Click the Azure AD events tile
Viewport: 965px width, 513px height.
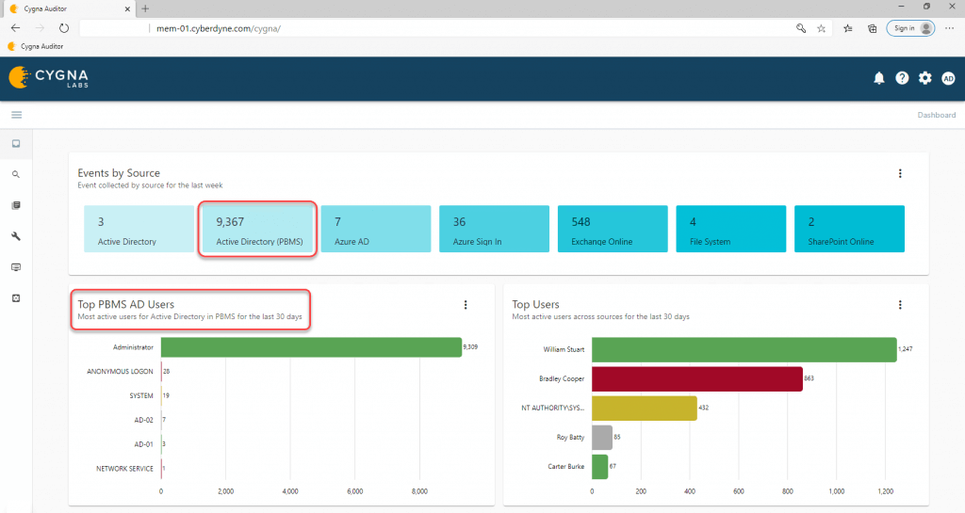coord(375,230)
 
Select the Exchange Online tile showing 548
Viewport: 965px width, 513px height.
coord(612,230)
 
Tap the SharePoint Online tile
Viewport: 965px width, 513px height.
coord(849,230)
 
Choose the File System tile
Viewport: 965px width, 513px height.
coord(730,230)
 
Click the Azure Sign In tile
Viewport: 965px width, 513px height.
coord(494,230)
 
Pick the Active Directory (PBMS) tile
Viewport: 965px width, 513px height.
coord(256,230)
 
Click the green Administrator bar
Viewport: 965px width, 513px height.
coord(311,347)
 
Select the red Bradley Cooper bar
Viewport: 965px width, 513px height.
coord(696,378)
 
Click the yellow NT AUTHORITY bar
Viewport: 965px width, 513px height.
coord(644,408)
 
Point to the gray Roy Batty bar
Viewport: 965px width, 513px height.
coord(601,437)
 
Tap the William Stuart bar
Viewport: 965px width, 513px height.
coord(744,349)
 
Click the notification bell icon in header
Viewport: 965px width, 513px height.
coord(879,78)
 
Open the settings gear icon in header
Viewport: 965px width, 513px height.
coord(925,78)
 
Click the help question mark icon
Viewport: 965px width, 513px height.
coord(902,78)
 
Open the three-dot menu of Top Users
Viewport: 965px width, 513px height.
coord(900,305)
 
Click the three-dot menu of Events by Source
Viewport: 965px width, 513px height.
coord(900,173)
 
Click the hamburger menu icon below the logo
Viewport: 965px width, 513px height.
coord(16,115)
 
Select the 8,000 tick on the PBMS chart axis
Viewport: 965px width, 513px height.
coord(420,491)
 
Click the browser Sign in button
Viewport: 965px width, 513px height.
coord(910,28)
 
